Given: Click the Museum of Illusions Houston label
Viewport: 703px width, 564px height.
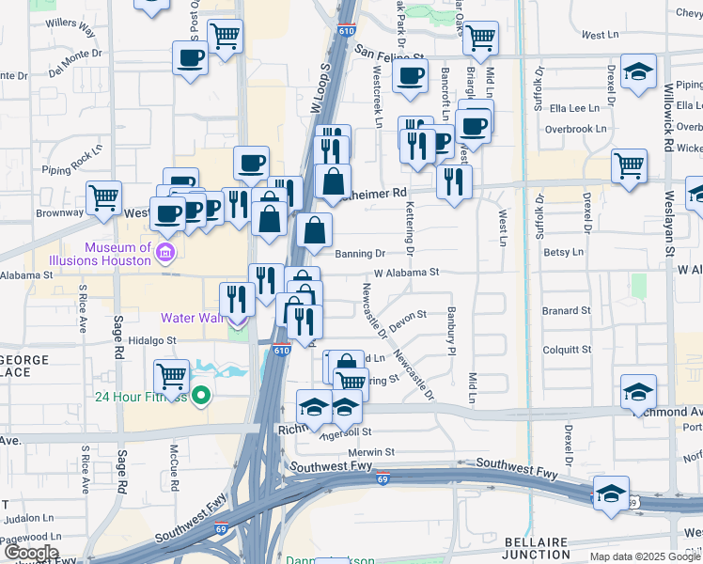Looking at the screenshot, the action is pyautogui.click(x=117, y=254).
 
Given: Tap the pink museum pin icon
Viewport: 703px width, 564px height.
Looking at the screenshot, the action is pyautogui.click(x=165, y=252).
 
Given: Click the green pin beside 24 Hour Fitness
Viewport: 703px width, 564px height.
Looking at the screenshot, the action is pyautogui.click(x=200, y=397).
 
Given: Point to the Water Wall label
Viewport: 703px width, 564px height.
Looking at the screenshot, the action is pyautogui.click(x=192, y=318).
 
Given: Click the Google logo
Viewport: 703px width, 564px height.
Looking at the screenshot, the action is pyautogui.click(x=30, y=553).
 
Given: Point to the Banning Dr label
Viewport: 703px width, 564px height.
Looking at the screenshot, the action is pyautogui.click(x=360, y=254).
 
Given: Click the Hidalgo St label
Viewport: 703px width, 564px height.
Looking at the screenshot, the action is pyautogui.click(x=153, y=341).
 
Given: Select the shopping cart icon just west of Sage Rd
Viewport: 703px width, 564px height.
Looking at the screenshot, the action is pyautogui.click(x=103, y=197).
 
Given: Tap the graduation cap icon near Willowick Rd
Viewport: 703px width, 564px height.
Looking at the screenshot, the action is pyautogui.click(x=638, y=72).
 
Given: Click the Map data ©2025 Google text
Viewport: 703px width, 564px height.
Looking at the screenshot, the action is pyautogui.click(x=645, y=556).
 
